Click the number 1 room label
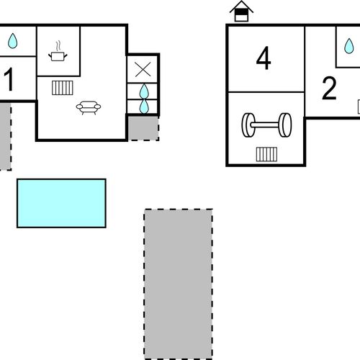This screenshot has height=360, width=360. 9,79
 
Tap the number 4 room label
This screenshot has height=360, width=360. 264,58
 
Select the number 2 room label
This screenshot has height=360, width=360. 329,88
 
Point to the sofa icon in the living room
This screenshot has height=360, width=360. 89,107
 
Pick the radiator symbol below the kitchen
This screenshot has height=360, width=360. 63,88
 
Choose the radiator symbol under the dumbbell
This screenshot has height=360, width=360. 266,154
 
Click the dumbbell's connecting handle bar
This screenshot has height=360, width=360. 266,125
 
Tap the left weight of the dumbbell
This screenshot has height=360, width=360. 248,125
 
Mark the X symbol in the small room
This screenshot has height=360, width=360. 143,70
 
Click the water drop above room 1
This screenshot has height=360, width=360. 12,41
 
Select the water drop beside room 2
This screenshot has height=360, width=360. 349,46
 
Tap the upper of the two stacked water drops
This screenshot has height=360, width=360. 144,91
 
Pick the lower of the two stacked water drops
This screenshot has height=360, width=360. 144,107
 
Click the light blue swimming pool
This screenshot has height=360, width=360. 61,203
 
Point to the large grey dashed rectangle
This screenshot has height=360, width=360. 179,284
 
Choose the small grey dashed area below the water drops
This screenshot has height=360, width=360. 143,128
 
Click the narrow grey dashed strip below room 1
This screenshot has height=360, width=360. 6,137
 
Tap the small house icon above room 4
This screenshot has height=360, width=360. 241,12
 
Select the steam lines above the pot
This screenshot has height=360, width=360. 58,46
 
